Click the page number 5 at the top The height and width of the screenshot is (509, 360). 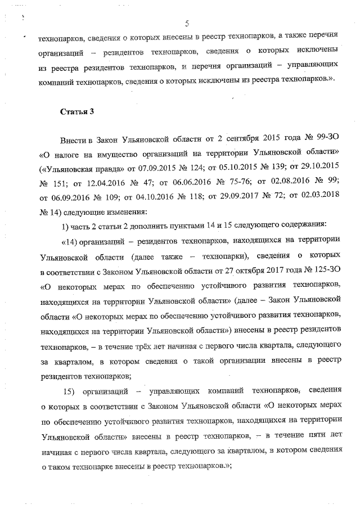[x=187, y=23]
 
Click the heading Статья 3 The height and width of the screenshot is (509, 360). [x=76, y=111]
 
